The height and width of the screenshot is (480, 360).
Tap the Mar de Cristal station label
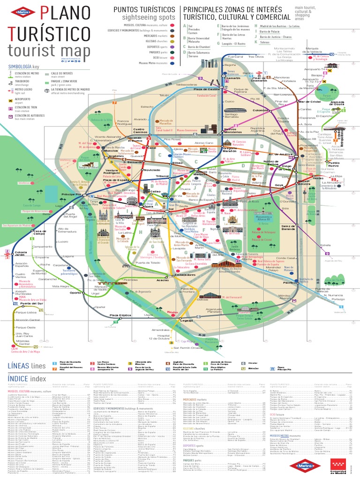310,102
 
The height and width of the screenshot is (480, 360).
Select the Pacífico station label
291,284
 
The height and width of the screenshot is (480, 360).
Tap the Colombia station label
261,111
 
